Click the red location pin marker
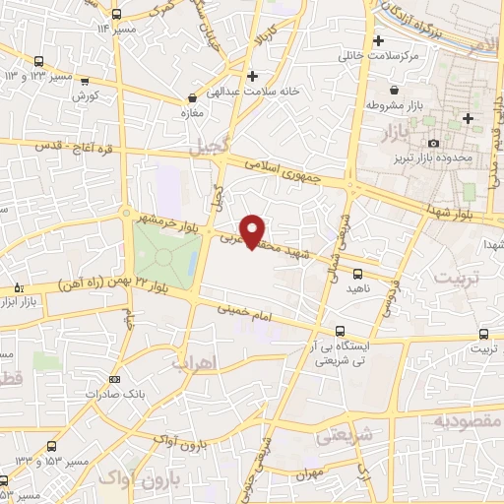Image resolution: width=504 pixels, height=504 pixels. [253, 230]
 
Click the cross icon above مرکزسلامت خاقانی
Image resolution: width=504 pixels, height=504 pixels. [377, 40]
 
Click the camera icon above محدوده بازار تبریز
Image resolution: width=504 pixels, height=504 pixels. [433, 144]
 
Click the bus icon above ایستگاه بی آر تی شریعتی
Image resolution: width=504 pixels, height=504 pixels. [341, 331]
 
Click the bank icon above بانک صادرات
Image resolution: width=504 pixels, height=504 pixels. [115, 379]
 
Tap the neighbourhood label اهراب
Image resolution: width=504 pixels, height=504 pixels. [194, 363]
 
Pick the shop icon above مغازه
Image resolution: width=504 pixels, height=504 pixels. [193, 98]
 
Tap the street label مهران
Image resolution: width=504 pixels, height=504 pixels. [316, 472]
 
